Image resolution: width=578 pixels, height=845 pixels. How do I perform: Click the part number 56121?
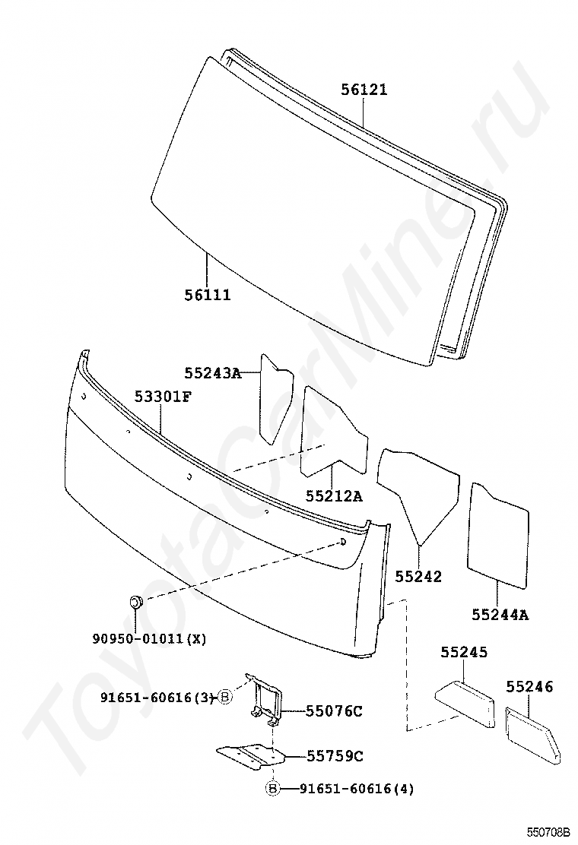364,90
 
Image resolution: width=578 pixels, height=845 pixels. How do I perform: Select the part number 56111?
207,294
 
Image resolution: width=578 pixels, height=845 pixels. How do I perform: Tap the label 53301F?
163,397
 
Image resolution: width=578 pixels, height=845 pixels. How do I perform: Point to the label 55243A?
212,373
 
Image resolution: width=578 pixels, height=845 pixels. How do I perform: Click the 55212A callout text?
334,496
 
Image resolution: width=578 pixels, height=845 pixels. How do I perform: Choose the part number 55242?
418,577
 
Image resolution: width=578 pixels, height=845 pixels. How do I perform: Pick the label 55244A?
500,615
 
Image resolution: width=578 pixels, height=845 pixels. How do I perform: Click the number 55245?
464,653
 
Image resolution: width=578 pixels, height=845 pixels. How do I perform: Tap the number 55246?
529,687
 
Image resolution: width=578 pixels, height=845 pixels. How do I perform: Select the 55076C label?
334,711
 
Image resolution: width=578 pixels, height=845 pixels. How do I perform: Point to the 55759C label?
335,756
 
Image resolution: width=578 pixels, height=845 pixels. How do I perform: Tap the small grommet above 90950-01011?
135,603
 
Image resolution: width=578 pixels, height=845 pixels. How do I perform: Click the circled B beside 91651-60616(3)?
225,697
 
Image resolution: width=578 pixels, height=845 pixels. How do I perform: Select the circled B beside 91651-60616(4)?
273,789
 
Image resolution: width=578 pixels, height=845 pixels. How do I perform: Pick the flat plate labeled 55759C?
250,755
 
